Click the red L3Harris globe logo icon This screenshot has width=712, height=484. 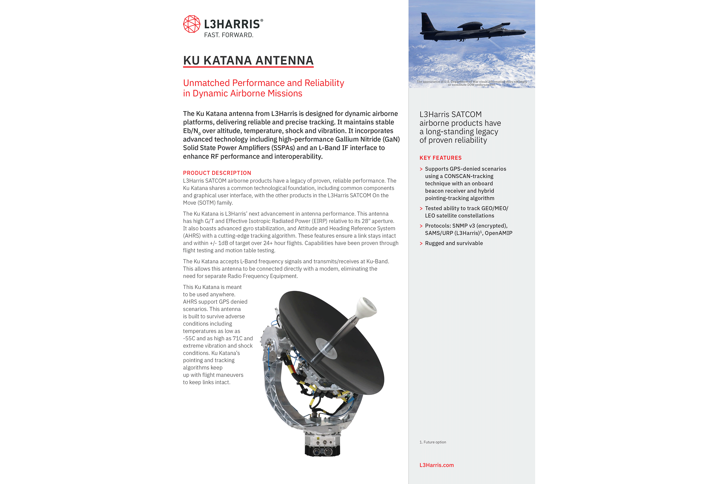pos(191,24)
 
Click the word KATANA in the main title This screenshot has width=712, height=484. pos(227,60)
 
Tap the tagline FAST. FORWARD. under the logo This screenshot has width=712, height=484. pos(228,35)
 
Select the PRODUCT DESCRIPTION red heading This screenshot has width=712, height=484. pos(217,173)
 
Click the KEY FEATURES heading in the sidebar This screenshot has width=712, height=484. pos(440,158)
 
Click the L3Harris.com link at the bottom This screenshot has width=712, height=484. pos(436,465)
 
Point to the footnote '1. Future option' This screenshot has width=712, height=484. pos(433,442)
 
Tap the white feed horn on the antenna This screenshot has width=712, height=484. pos(367,307)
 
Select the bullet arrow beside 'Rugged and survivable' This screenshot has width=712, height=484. pos(421,243)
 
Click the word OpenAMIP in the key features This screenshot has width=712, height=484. pos(498,233)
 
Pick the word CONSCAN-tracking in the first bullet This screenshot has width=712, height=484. pos(469,176)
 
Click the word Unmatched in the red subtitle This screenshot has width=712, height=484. pos(206,83)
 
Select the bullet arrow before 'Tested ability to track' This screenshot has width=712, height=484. pos(421,208)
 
